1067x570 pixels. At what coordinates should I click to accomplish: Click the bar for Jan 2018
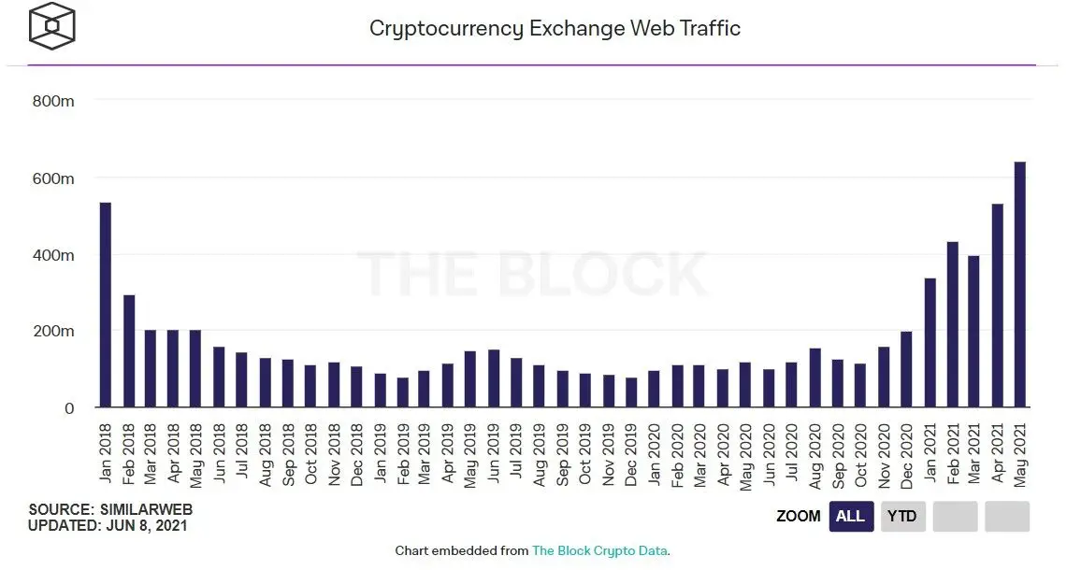click(x=106, y=305)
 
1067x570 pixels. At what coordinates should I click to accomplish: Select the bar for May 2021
click(x=1020, y=284)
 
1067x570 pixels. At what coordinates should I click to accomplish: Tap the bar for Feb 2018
click(x=129, y=351)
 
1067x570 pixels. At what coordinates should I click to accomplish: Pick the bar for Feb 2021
click(x=952, y=324)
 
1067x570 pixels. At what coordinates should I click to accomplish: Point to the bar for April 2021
click(x=998, y=306)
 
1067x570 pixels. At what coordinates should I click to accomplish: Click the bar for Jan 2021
click(x=930, y=343)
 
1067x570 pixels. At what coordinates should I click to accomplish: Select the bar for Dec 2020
click(x=906, y=369)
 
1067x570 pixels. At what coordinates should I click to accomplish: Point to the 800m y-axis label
click(x=53, y=101)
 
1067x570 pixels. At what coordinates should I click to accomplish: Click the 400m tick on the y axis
click(x=53, y=255)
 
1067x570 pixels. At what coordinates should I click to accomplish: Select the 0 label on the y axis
click(x=68, y=408)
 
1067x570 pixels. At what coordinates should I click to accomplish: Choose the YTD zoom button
click(x=902, y=516)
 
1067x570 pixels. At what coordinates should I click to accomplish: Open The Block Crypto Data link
click(x=599, y=550)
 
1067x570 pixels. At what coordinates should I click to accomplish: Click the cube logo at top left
click(x=51, y=26)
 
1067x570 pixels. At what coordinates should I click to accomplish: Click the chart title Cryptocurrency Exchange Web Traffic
click(x=555, y=28)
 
